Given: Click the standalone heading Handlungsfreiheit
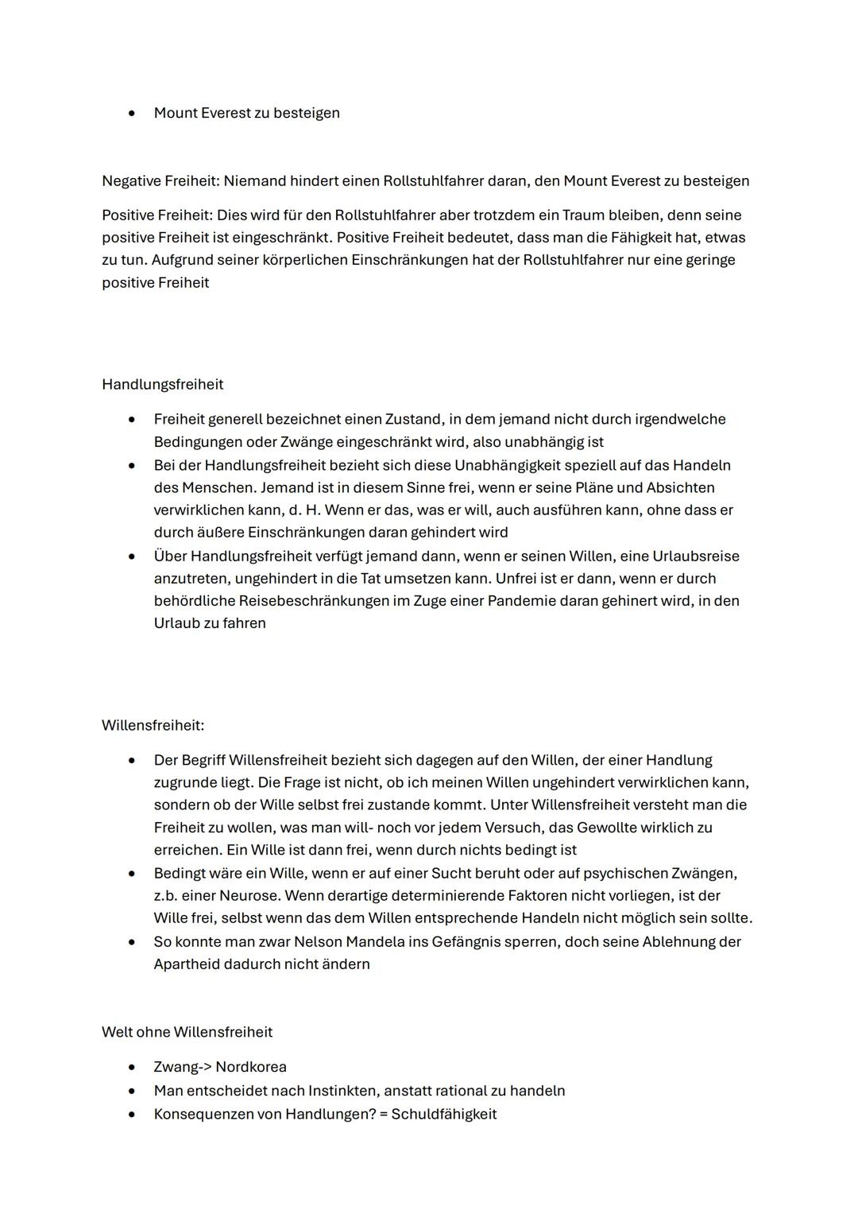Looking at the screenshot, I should (162, 385).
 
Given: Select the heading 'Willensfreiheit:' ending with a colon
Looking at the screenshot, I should (153, 726).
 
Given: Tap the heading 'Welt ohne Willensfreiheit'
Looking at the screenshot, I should (187, 1033).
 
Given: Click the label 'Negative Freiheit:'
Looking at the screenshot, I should (160, 181).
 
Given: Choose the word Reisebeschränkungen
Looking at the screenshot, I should (313, 601).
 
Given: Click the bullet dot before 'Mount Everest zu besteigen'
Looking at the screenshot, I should (131, 114).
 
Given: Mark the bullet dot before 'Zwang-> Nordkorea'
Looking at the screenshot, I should (131, 1068).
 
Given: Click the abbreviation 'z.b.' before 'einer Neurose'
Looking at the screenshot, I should (166, 896).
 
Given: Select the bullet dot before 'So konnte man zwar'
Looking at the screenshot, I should (131, 942).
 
